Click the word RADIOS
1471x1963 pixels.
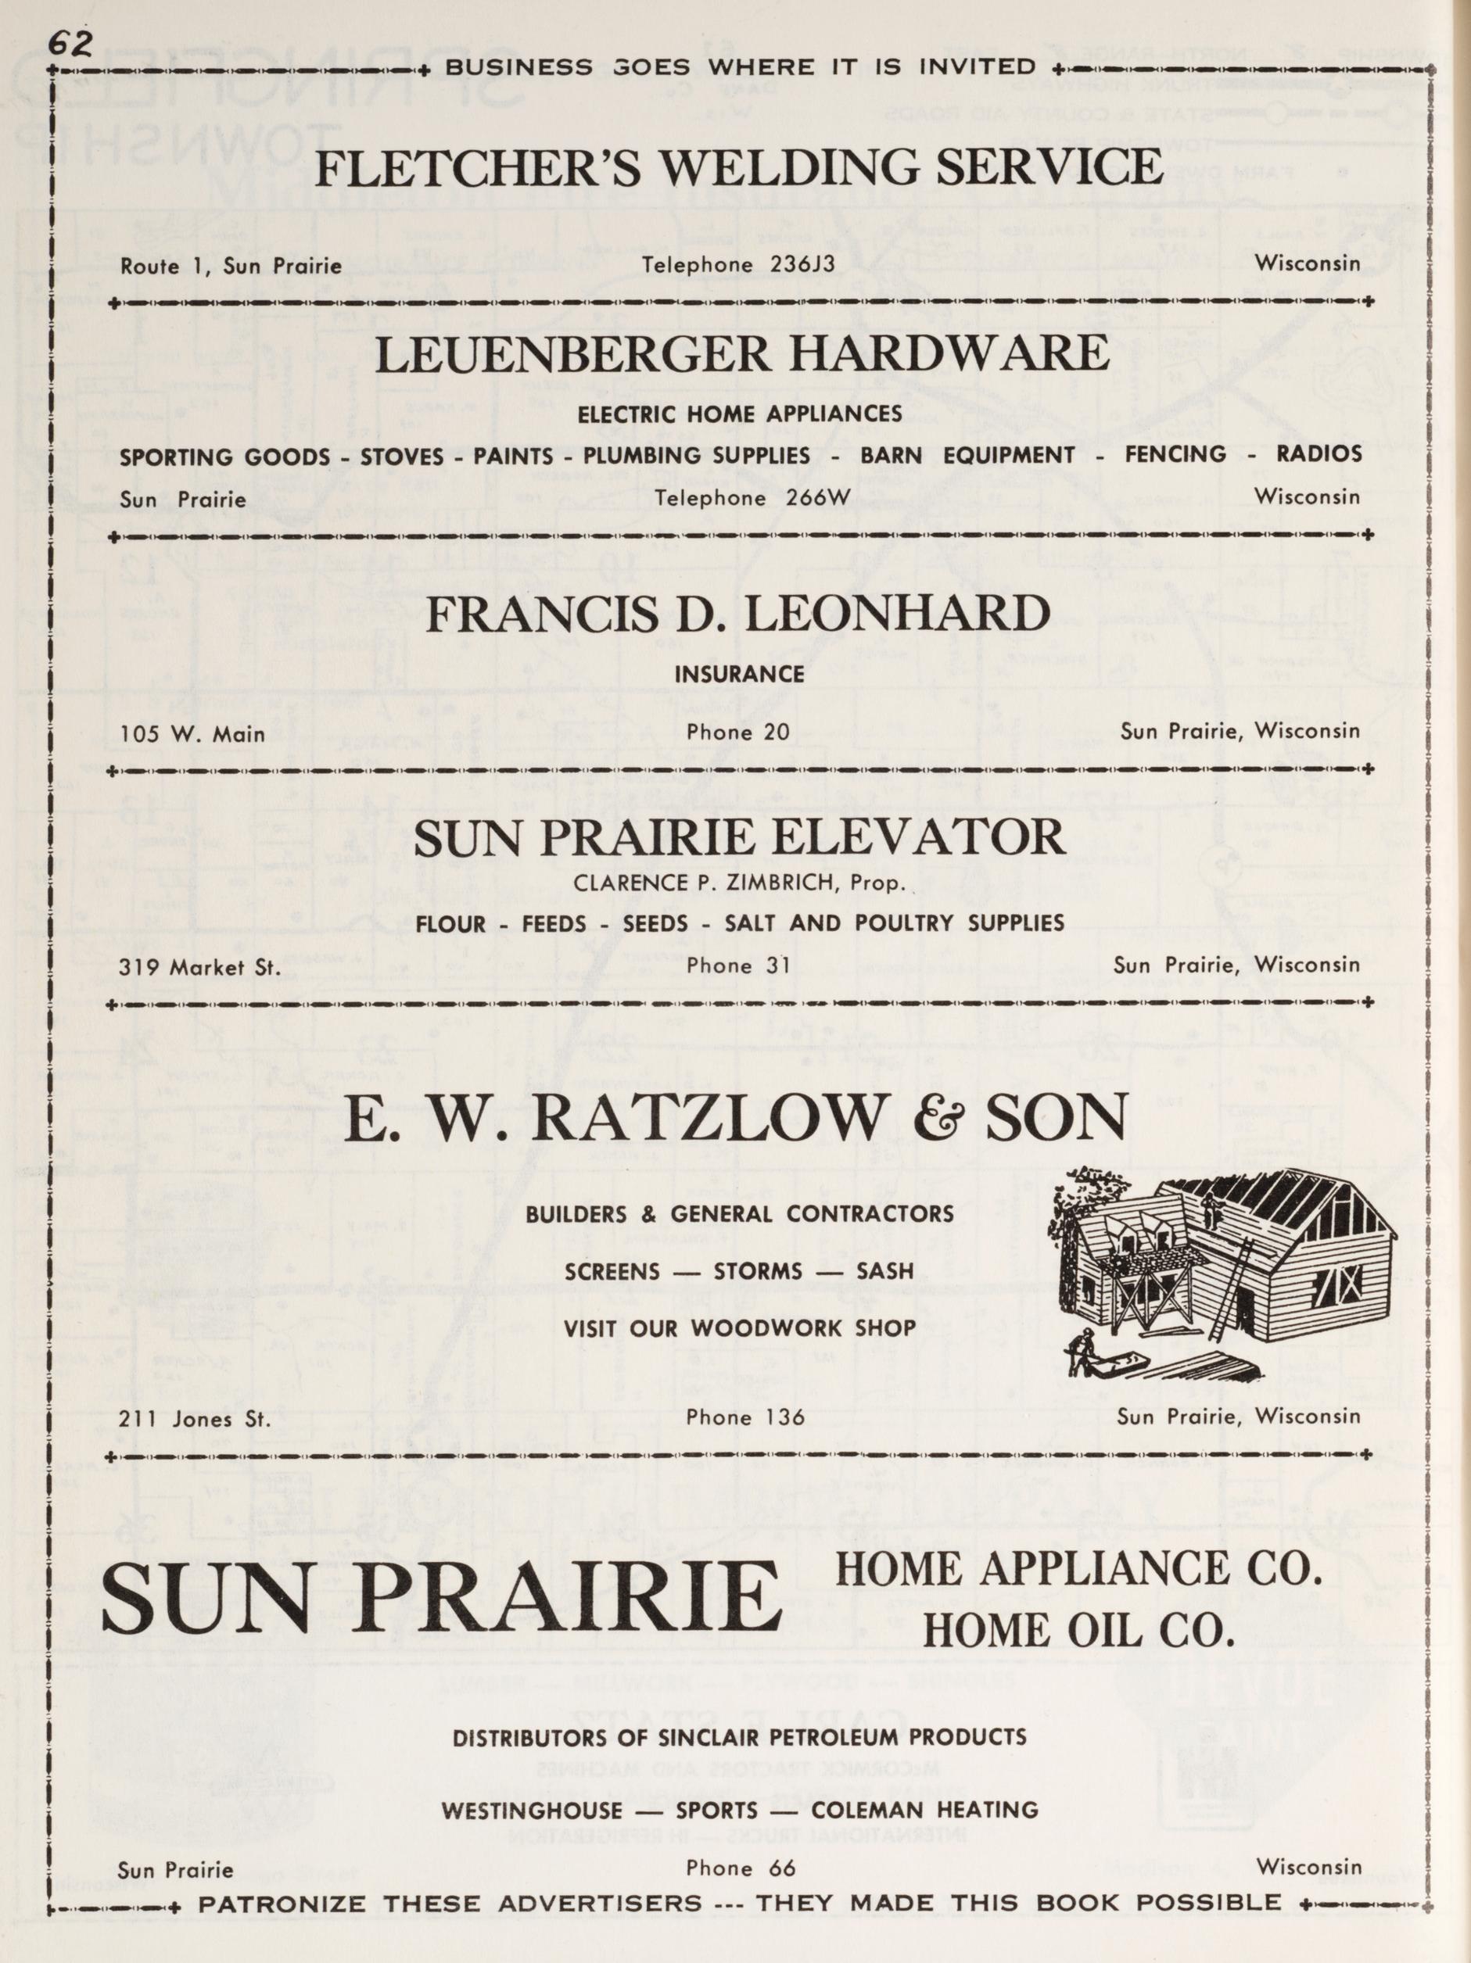point(1319,454)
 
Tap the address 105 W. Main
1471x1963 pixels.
point(192,734)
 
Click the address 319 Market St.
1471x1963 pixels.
point(199,967)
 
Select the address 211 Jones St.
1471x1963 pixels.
point(193,1419)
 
